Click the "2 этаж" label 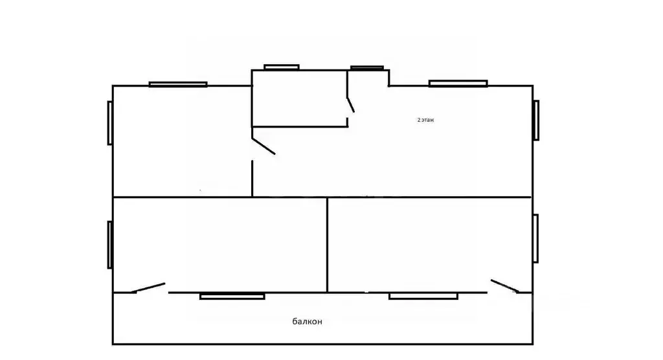coord(425,120)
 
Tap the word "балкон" coord(307,322)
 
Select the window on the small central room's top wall coord(282,67)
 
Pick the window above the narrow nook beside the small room coord(367,68)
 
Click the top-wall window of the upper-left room coord(178,84)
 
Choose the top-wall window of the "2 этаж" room coord(458,84)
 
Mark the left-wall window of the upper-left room coord(110,122)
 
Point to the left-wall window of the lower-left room coord(110,245)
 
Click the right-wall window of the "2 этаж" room coord(536,120)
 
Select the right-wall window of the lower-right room coord(535,238)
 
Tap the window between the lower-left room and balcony coord(232,296)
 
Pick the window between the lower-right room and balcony coord(423,296)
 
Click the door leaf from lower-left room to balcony coord(148,287)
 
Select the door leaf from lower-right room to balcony coord(505,286)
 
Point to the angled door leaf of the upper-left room coord(264,146)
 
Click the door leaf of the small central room coord(350,105)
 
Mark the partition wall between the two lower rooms coord(327,245)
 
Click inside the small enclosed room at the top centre coord(299,98)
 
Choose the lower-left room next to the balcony coord(220,245)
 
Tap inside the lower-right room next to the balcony coord(430,245)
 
